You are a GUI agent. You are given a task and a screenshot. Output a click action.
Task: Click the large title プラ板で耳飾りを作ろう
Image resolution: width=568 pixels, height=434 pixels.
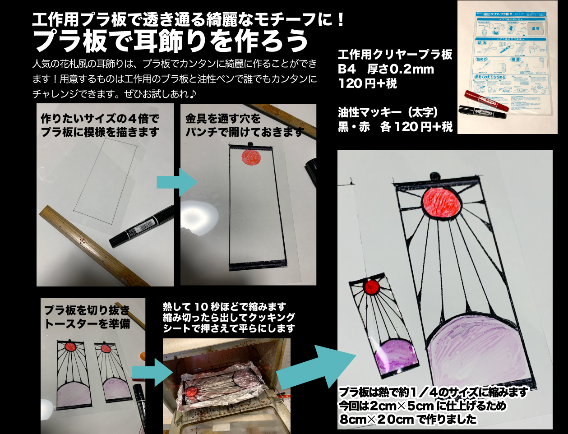click(x=171, y=41)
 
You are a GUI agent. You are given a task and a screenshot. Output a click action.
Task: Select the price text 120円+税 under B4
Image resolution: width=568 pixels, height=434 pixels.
click(x=367, y=83)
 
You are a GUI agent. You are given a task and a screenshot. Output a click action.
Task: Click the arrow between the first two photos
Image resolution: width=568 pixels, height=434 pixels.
click(x=176, y=182)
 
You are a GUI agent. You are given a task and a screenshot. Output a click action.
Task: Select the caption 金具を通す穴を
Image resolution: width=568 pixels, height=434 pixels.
click(x=223, y=119)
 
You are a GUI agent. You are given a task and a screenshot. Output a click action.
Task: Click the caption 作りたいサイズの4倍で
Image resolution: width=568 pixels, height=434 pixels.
click(x=100, y=119)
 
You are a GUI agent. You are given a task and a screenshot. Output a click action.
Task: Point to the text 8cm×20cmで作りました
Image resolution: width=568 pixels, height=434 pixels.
click(x=408, y=420)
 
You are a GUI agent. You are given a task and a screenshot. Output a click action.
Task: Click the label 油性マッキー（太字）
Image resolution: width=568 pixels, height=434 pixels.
click(x=388, y=112)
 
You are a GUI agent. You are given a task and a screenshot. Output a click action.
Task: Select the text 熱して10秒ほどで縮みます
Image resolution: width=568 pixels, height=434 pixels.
click(x=224, y=307)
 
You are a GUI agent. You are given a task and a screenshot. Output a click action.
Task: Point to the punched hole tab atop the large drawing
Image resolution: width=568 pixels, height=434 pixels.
click(x=434, y=175)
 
